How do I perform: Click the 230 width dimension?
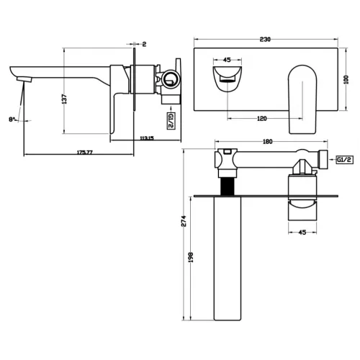[265, 40]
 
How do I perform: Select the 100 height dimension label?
[346, 80]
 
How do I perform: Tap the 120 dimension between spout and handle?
[262, 119]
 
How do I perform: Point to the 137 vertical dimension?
[64, 99]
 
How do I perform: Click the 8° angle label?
[12, 119]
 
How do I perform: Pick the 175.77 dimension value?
[84, 152]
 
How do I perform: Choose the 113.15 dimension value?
[147, 138]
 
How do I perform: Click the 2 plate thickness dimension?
[144, 44]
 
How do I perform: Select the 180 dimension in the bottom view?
[268, 142]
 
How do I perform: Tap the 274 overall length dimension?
[184, 221]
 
